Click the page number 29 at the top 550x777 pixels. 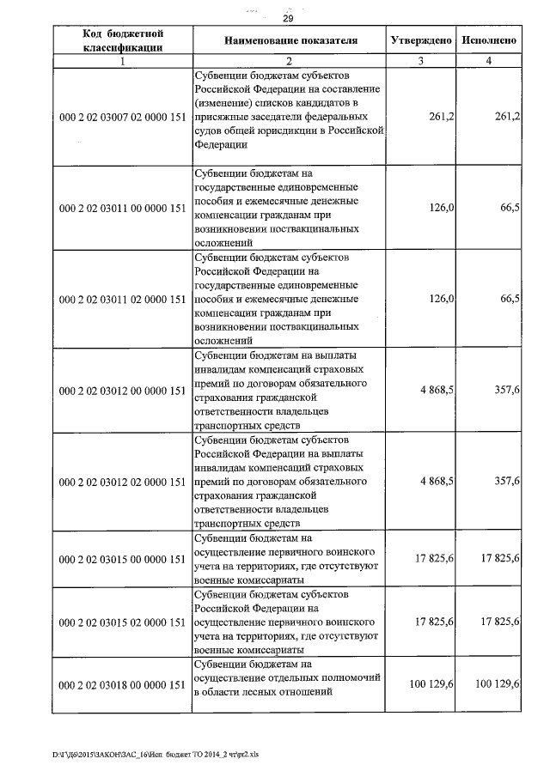288,19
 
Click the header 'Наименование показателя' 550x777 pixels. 290,40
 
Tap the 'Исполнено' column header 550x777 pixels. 488,40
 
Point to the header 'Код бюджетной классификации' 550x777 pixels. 123,40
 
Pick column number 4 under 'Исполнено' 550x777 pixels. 488,61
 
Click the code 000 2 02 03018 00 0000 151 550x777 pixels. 123,684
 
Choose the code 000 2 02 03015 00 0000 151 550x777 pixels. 123,560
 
